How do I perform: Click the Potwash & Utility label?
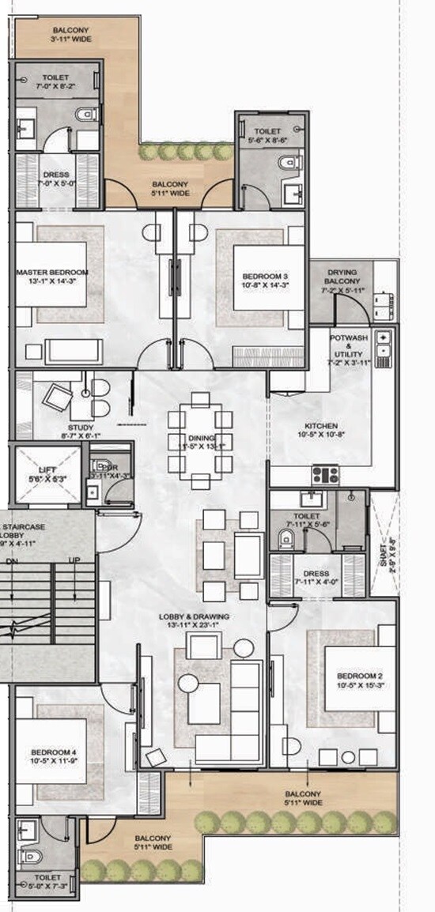coord(349,348)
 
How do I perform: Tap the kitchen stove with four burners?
coord(326,475)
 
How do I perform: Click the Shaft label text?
coord(385,549)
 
